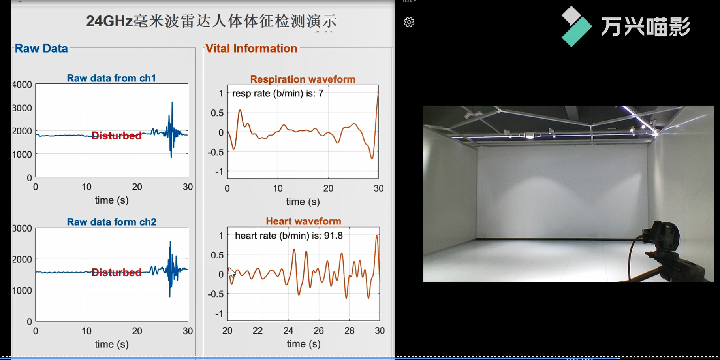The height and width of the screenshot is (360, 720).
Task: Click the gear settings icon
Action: pos(409,22)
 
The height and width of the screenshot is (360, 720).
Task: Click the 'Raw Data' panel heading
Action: pos(41,49)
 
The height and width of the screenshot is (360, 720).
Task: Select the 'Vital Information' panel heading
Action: pos(251,49)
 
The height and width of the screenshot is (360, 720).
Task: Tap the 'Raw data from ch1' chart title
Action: pos(111,78)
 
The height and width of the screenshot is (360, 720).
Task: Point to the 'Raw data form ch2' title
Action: pos(111,222)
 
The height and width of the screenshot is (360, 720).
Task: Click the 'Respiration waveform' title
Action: pos(303,79)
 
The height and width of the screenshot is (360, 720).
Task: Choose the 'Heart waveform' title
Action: pos(303,221)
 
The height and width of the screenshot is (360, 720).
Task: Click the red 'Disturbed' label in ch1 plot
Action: pos(117,136)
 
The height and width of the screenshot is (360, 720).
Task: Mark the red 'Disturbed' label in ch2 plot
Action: pos(117,272)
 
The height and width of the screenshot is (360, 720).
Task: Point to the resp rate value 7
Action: pos(321,94)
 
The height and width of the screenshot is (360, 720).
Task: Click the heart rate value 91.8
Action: pos(333,236)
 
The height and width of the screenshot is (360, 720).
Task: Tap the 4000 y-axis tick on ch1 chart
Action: pos(22,85)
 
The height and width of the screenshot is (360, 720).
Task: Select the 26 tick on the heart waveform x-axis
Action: pos(319,331)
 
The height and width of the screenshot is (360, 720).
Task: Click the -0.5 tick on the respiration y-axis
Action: pos(216,152)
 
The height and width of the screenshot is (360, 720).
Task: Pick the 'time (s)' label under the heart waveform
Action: pos(303,344)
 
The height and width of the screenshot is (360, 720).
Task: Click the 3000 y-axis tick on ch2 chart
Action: pos(22,228)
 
